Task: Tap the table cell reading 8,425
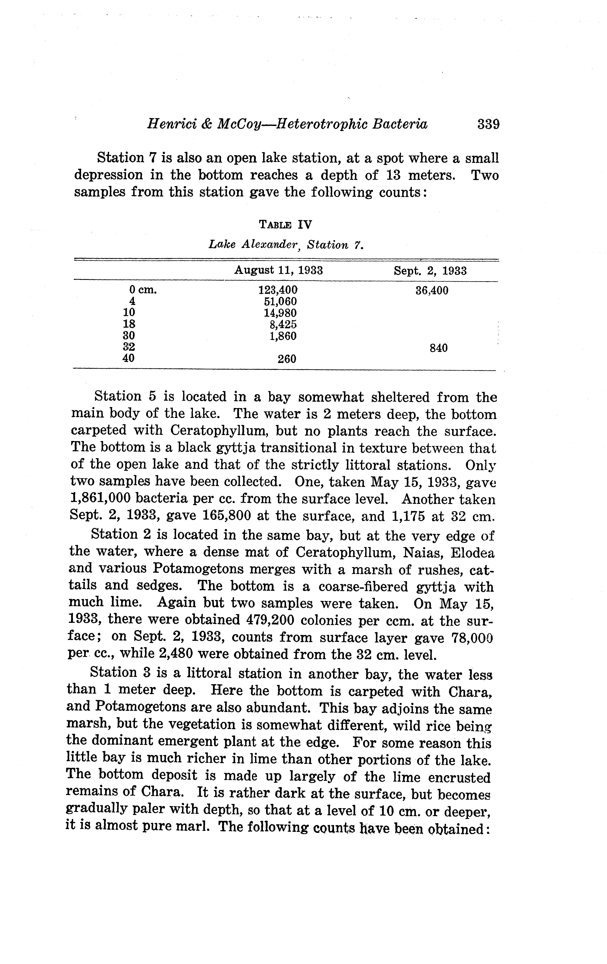click(x=283, y=324)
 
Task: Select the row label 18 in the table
click(x=129, y=324)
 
